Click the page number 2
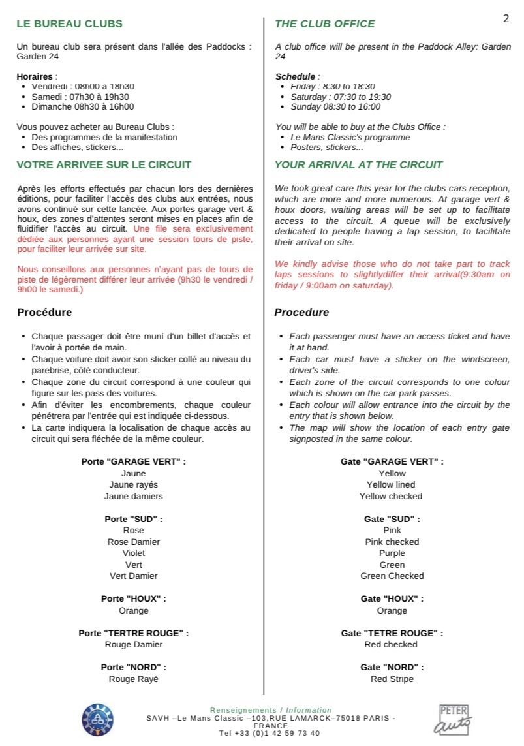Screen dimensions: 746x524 pyautogui.click(x=506, y=18)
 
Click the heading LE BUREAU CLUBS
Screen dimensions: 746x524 pyautogui.click(x=69, y=24)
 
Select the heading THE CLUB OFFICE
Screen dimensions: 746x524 pyautogui.click(x=325, y=24)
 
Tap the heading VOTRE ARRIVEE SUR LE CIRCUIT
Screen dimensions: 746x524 pyautogui.click(x=104, y=165)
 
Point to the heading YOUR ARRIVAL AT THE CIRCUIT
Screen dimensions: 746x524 pyautogui.click(x=359, y=165)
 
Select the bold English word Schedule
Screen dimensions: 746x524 pyautogui.click(x=296, y=76)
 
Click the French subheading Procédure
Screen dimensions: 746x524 pyautogui.click(x=44, y=313)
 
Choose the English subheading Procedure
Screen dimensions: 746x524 pyautogui.click(x=301, y=313)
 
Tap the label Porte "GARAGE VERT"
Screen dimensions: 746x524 pyautogui.click(x=133, y=461)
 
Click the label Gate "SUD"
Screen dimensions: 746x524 pyautogui.click(x=392, y=519)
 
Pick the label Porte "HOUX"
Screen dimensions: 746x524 pyautogui.click(x=133, y=598)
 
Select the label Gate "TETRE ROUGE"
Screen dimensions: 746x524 pyautogui.click(x=392, y=633)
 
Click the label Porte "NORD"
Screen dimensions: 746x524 pyautogui.click(x=133, y=667)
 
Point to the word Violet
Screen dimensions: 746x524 pyautogui.click(x=134, y=553)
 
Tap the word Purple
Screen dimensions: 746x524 pyautogui.click(x=392, y=553)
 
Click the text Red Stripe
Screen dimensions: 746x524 pyautogui.click(x=392, y=679)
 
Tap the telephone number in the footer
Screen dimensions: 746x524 pyautogui.click(x=270, y=733)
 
